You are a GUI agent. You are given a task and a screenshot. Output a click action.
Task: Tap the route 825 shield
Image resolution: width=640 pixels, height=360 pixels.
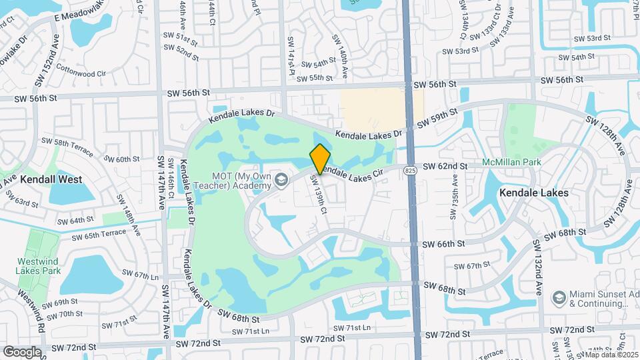tap(410, 171)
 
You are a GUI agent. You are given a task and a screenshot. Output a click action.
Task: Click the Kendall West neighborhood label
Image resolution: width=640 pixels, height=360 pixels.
tap(51, 179)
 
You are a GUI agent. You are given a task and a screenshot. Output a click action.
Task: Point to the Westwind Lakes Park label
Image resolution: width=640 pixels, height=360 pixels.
tap(39, 266)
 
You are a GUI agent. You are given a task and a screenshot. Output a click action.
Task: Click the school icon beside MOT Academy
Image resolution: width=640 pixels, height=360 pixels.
tap(282, 180)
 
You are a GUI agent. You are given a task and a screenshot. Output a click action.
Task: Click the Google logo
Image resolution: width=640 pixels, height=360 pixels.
tap(22, 352)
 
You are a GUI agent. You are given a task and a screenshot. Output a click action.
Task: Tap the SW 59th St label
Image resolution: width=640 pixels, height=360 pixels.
tap(438, 118)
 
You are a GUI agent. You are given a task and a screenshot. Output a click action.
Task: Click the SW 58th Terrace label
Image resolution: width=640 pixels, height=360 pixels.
tap(67, 146)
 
